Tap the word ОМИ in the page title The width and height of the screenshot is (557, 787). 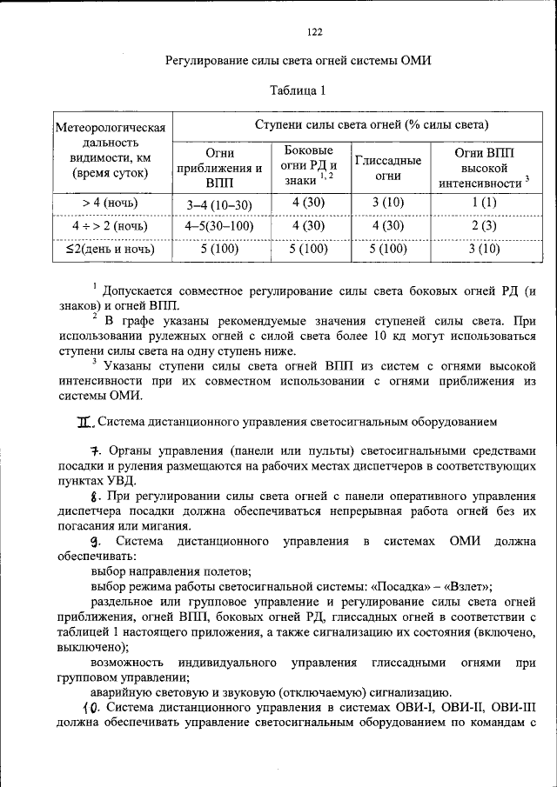click(x=416, y=61)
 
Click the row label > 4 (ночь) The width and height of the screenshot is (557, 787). click(x=110, y=203)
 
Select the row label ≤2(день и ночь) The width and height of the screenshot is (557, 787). click(x=110, y=249)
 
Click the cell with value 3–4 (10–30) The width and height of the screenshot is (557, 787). click(x=219, y=203)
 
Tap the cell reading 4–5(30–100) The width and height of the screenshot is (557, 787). click(x=219, y=226)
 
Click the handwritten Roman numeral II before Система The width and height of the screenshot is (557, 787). click(x=84, y=423)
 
